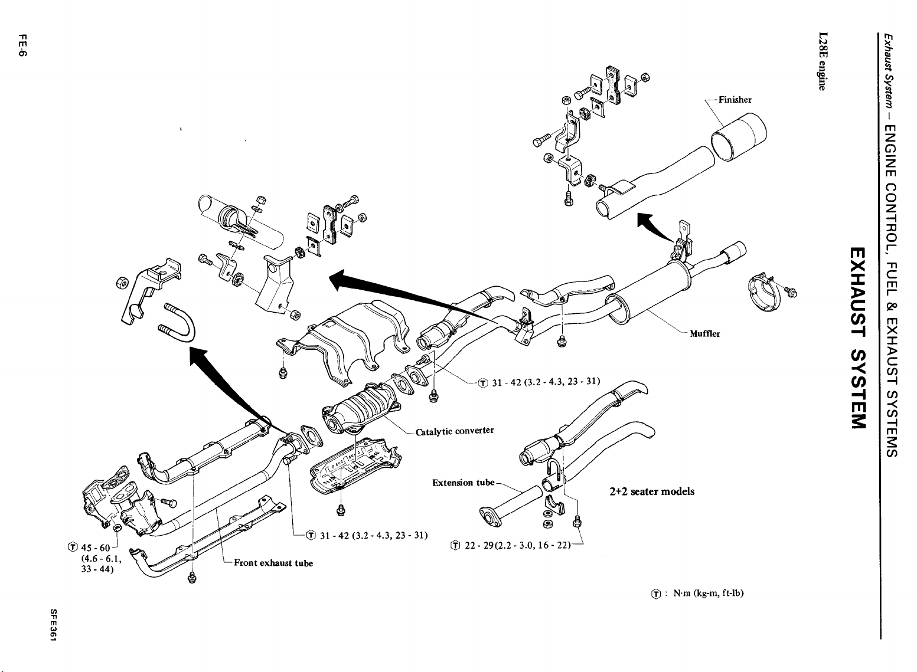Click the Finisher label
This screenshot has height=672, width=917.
point(735,99)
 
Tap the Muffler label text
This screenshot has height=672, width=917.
point(704,333)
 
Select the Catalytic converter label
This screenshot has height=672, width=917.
point(455,431)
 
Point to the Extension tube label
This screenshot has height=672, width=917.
point(464,483)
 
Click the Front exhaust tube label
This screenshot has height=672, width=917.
point(273,563)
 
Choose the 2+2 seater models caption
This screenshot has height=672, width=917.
point(652,491)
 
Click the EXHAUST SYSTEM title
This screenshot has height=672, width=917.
point(858,338)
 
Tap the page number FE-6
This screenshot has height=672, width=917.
point(22,45)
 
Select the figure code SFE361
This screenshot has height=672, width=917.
point(53,625)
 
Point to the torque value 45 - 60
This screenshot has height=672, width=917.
point(96,548)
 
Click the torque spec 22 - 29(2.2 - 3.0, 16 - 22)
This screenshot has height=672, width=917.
point(517,545)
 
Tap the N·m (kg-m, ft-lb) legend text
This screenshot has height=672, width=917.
point(708,593)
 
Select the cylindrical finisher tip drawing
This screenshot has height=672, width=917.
point(739,137)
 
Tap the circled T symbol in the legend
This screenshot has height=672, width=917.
point(656,594)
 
